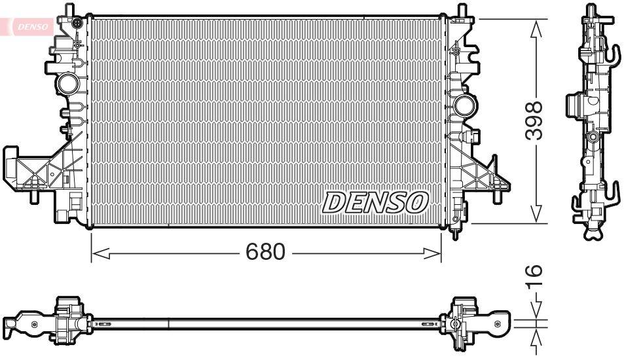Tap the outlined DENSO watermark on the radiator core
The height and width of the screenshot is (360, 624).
[x=375, y=203]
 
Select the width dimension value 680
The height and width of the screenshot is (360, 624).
[x=266, y=252]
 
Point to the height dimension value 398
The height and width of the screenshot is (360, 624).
[x=536, y=120]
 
